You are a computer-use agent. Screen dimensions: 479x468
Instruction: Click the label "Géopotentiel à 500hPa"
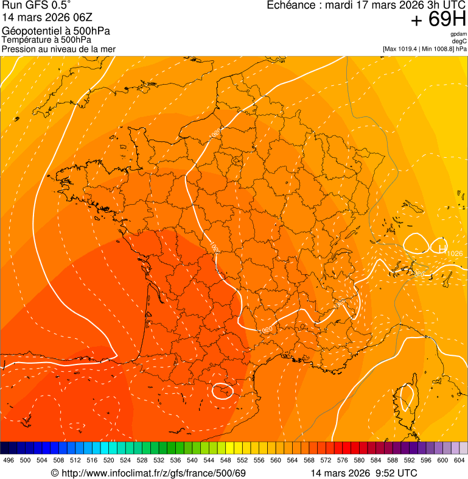[56, 31]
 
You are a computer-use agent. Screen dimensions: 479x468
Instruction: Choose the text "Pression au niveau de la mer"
[58, 49]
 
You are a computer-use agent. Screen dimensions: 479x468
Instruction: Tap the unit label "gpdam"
[458, 34]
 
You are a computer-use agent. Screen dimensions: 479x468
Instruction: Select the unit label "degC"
[459, 41]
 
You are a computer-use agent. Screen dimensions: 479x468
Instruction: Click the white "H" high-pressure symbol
[442, 247]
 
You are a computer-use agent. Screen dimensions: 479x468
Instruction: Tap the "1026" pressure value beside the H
[455, 253]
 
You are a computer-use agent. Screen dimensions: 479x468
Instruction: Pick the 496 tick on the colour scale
[9, 461]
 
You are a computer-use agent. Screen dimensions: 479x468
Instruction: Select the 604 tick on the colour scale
[459, 461]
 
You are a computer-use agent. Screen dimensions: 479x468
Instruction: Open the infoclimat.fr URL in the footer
[148, 474]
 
